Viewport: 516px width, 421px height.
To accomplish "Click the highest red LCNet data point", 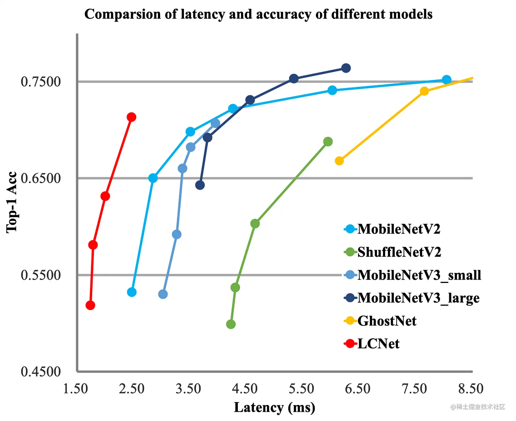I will (131, 117).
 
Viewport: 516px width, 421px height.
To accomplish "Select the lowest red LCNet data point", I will (90, 305).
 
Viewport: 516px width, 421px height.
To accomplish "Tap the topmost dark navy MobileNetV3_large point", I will (346, 68).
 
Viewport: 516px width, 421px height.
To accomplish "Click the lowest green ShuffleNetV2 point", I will (231, 324).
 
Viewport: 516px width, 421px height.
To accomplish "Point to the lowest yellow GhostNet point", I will (339, 161).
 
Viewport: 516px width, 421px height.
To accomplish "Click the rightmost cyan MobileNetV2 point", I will (446, 80).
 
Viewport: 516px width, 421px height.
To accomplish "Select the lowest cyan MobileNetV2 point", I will (132, 292).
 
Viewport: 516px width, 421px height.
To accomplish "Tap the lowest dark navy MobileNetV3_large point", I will (200, 185).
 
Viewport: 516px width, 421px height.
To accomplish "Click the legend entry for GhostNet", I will (387, 321).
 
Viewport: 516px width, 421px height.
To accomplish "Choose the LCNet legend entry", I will (378, 344).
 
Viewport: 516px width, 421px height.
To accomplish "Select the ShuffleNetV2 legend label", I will (399, 252).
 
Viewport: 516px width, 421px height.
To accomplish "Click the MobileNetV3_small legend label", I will (419, 275).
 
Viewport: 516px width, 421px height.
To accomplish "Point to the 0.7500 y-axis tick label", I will (41, 82).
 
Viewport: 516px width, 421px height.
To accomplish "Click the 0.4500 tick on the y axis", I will (41, 371).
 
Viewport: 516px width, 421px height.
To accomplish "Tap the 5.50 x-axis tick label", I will (301, 389).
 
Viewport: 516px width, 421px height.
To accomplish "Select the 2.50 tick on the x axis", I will (132, 389).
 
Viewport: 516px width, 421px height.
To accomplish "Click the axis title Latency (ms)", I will (274, 407).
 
